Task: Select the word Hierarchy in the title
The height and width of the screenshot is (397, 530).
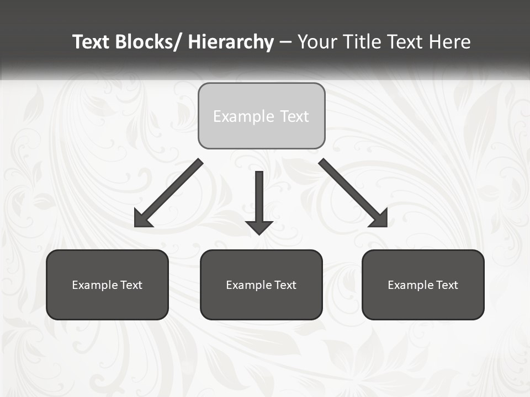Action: pos(231,42)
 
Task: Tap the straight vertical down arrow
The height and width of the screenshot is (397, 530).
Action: pos(259,198)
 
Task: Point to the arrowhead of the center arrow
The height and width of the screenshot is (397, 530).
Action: pos(259,227)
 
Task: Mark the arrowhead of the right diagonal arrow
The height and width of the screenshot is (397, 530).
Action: pos(379,219)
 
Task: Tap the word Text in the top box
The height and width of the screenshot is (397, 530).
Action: pos(294,117)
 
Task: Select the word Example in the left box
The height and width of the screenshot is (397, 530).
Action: pos(94,285)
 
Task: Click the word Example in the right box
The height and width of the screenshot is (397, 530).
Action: pos(410,285)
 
